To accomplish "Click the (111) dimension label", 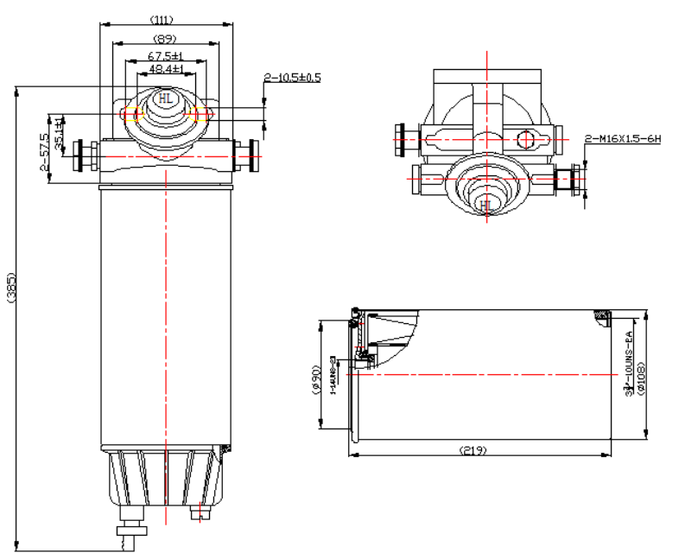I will tap(164, 19).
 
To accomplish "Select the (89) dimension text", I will tap(164, 39).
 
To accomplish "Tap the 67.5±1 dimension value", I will tap(164, 57).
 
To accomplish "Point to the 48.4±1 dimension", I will tap(165, 68).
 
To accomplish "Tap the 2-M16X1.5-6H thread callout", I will tap(622, 138).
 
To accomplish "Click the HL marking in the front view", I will tap(165, 100).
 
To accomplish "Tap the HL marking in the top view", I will tap(486, 205).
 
